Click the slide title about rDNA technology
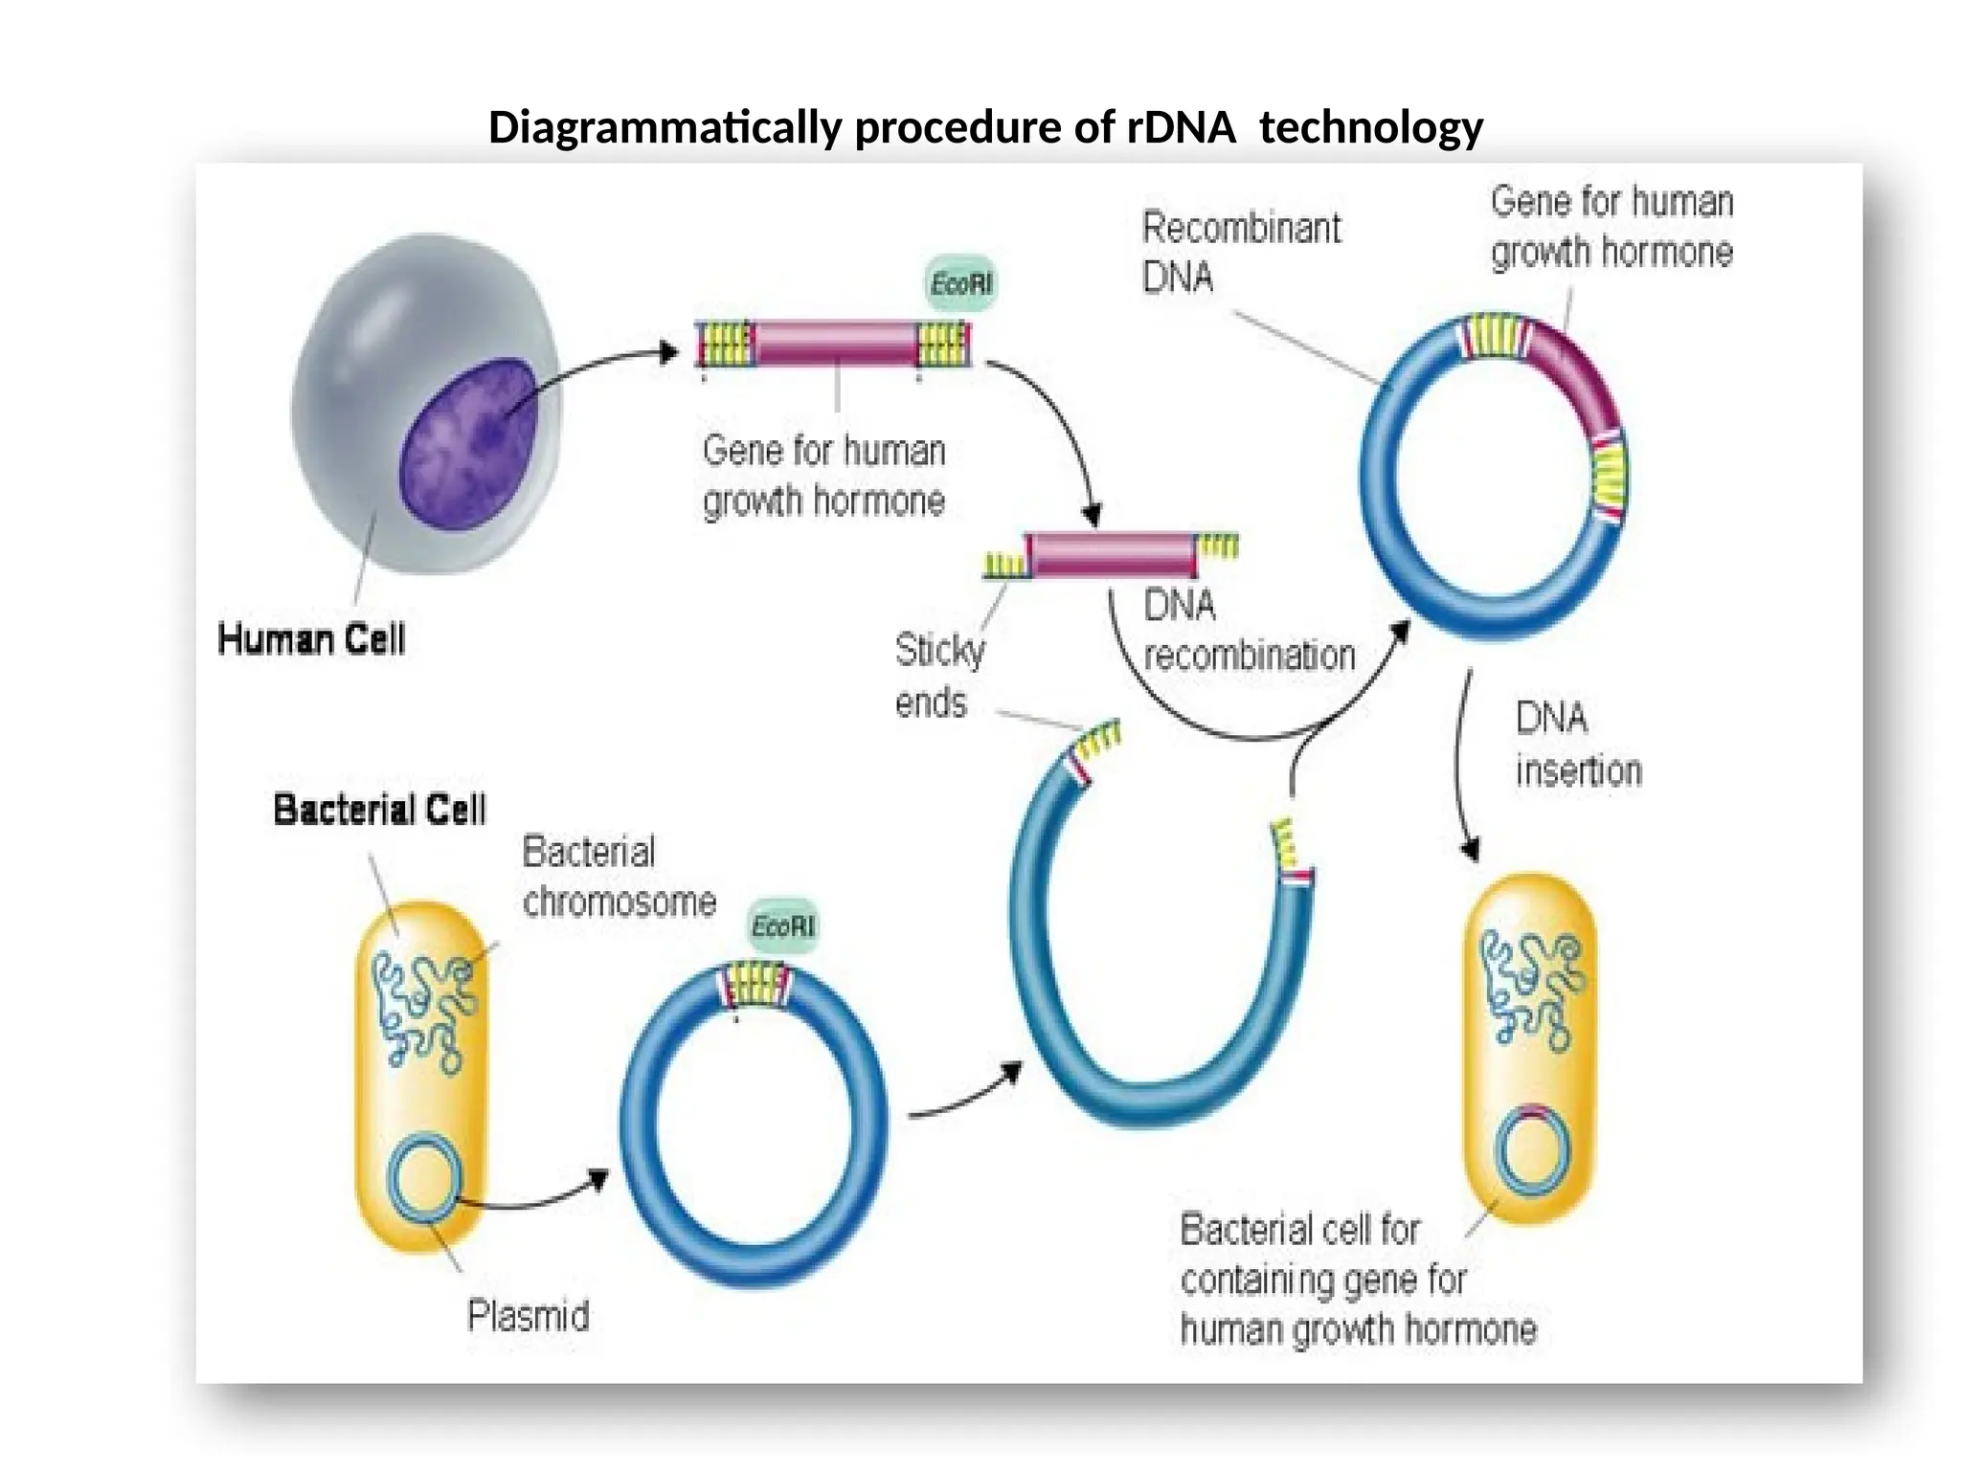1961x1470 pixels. pos(985,127)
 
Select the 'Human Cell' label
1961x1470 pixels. pos(311,639)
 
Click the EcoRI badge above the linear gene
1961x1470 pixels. pos(961,283)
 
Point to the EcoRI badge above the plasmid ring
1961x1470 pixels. pos(782,926)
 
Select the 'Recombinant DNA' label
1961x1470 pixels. pos(1241,253)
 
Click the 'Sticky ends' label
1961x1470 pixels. pos(938,676)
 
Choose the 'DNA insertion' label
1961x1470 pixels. pos(1578,745)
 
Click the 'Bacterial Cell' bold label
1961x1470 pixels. pos(379,810)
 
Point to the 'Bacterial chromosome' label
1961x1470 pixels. pos(619,877)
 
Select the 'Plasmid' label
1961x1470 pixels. pos(528,1316)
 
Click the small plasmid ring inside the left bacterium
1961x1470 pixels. pos(425,1177)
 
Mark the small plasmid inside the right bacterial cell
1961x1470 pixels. pos(1532,1151)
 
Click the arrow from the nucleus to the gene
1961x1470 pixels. pos(594,367)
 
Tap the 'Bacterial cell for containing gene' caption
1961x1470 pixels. pos(1357,1280)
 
